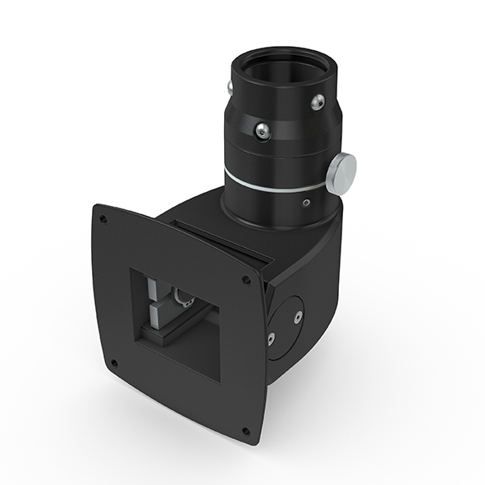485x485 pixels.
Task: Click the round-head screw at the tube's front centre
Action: (x=262, y=130)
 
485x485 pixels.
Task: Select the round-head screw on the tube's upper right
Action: (x=317, y=101)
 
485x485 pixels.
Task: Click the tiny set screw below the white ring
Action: (x=306, y=202)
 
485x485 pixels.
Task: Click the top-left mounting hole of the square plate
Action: (x=103, y=219)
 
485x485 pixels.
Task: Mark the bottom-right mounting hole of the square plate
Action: (x=244, y=429)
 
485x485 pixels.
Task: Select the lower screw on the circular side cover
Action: (x=271, y=336)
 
